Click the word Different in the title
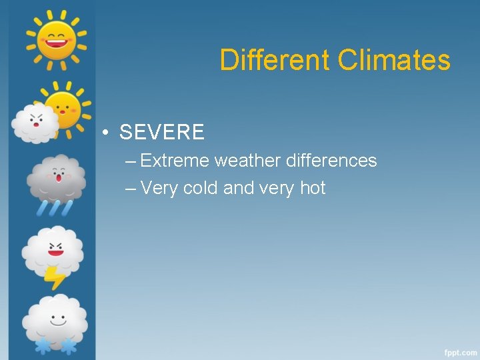coord(275,60)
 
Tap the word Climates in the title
coord(394,60)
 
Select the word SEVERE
coord(162,132)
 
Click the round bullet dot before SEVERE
coord(106,133)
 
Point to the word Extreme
coord(175,161)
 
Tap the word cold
coord(200,189)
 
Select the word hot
coord(313,189)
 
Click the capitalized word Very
coord(159,189)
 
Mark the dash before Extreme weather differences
coord(130,161)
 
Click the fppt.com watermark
coord(459,351)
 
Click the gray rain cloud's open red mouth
coord(59,179)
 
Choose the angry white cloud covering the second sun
coord(35,123)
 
